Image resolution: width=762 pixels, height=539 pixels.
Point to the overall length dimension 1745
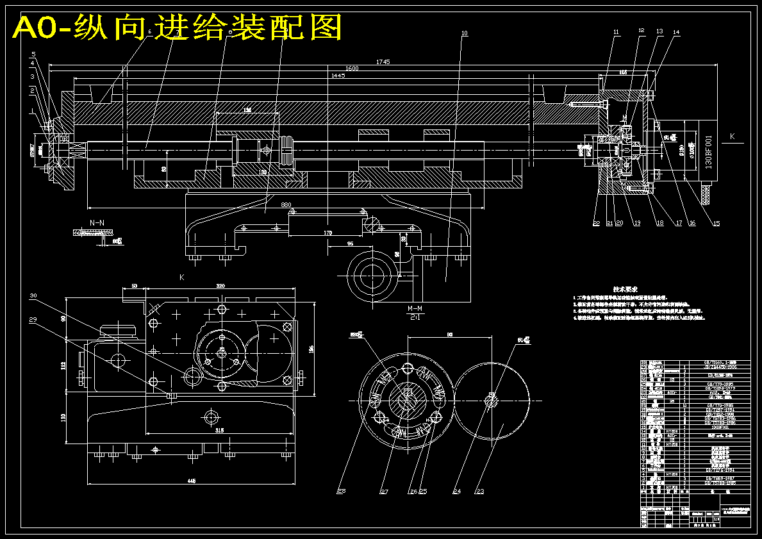[383, 62]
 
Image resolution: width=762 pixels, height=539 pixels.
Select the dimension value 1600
[351, 69]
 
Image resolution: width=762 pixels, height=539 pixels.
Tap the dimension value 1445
[338, 76]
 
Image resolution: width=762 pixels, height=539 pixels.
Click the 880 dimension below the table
[286, 205]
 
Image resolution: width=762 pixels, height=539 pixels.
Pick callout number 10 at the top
[465, 33]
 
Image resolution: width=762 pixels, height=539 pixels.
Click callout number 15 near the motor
[716, 223]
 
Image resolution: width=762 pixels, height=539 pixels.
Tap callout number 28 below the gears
[342, 492]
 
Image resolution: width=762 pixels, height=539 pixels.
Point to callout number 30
[33, 296]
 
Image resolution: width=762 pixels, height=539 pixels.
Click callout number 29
[33, 319]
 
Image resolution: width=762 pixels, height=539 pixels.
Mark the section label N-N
[97, 222]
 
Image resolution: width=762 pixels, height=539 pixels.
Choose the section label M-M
[415, 309]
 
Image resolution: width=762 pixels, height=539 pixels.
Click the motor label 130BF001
[708, 151]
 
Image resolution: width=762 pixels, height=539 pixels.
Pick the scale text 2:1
[415, 317]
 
